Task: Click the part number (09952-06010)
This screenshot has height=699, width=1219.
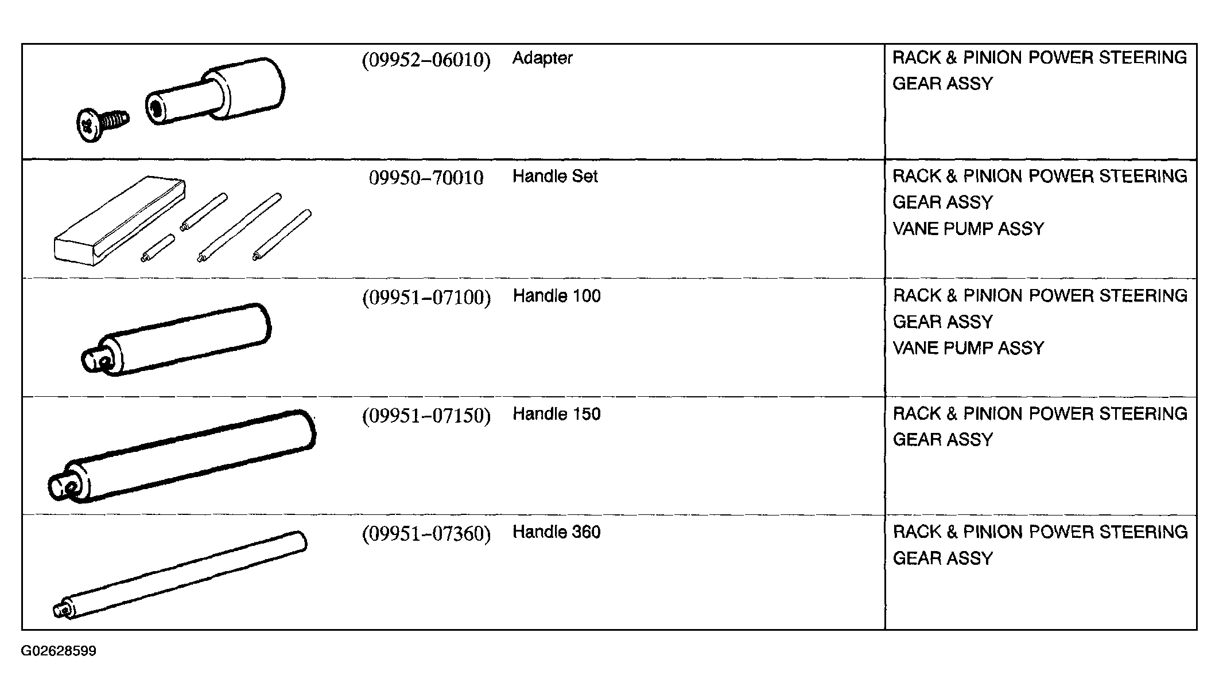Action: coord(426,60)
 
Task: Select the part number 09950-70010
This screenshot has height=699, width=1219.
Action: coord(426,178)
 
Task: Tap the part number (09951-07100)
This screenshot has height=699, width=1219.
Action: coord(426,298)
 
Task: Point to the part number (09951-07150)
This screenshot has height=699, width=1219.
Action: coord(426,416)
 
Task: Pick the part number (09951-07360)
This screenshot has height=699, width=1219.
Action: coord(426,534)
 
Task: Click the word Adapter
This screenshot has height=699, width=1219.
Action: coord(542,58)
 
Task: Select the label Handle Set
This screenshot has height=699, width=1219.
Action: coord(555,176)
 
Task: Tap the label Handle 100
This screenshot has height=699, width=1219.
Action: coord(557,296)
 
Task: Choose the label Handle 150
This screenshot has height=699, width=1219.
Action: coord(557,414)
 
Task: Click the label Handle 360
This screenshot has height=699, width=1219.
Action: coord(557,532)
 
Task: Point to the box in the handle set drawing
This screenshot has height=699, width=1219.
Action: coord(119,221)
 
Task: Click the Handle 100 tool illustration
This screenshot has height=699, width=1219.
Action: coord(176,339)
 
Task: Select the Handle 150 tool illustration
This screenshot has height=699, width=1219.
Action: coord(182,456)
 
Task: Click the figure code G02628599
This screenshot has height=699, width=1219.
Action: coord(59,651)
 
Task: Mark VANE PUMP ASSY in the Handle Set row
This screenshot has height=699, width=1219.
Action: coord(968,229)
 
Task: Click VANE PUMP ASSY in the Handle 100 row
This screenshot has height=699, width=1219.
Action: coord(968,348)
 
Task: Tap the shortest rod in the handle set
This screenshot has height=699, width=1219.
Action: coord(158,248)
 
